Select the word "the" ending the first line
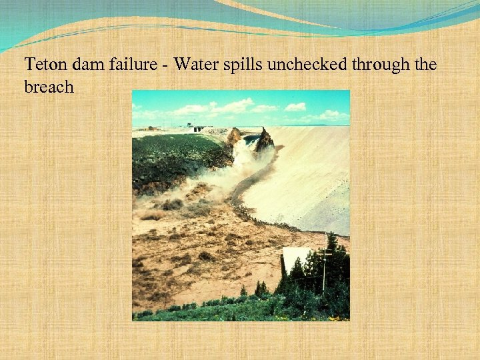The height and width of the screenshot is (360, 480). (x=424, y=65)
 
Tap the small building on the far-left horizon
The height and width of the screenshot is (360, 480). (x=151, y=127)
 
